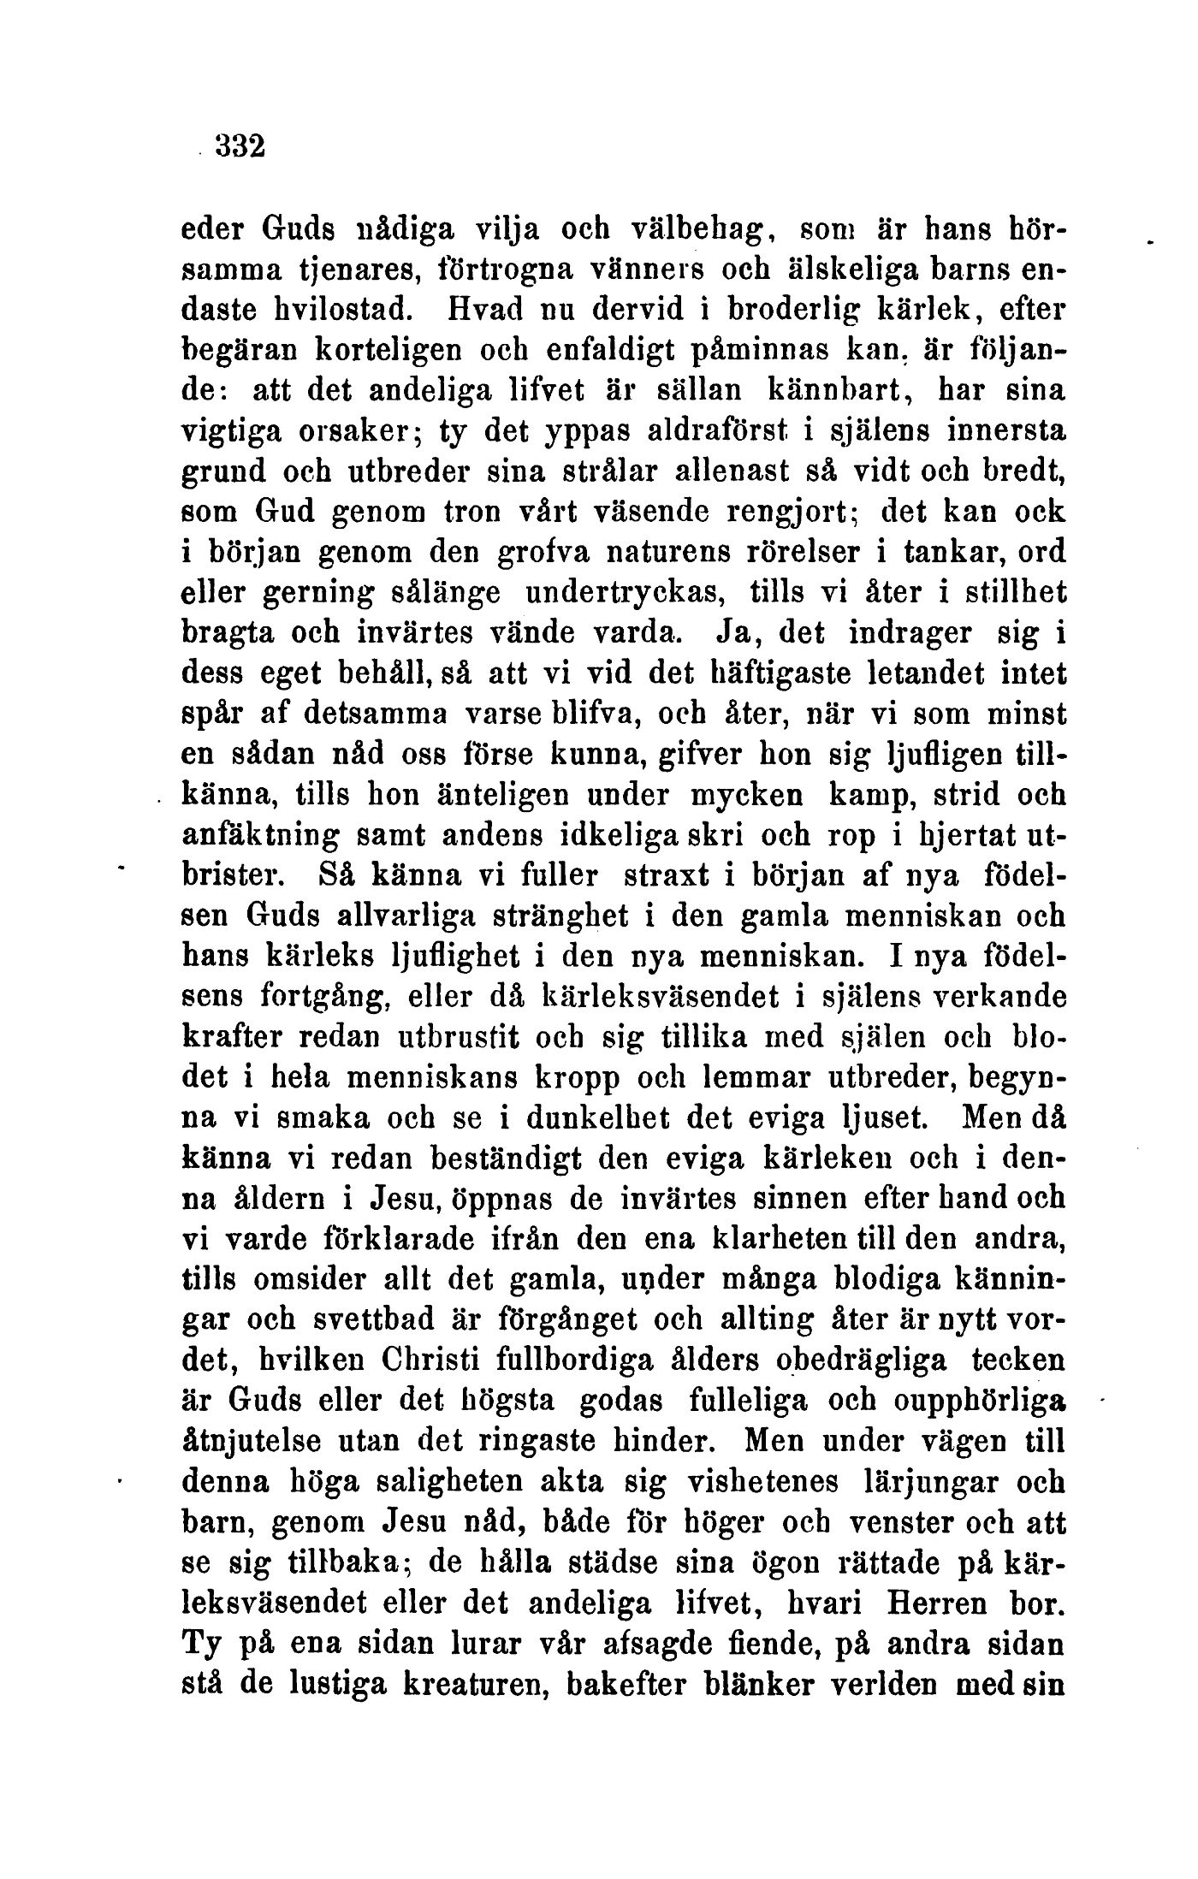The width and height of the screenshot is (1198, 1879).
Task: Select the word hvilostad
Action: pyautogui.click(x=307, y=311)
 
